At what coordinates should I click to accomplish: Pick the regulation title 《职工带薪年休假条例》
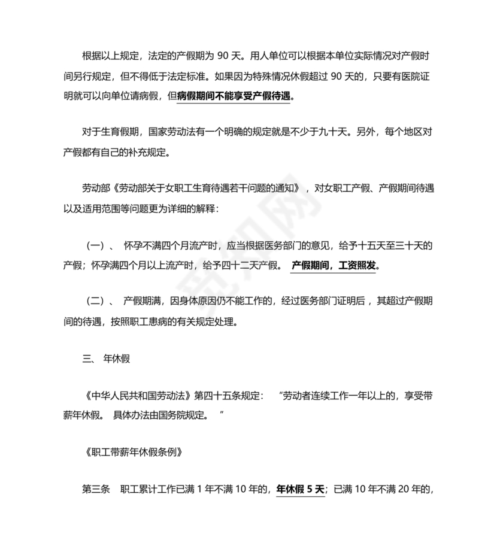(x=132, y=452)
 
